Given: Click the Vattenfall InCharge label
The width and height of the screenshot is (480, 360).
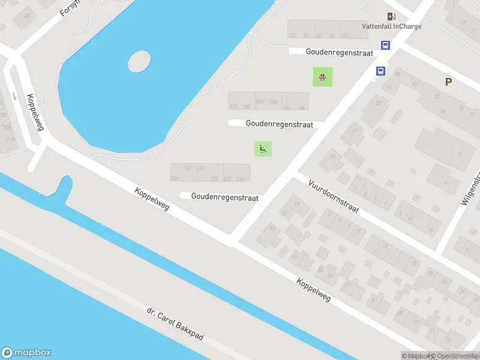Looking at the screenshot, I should click(391, 26).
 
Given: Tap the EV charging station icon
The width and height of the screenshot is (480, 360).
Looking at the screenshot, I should click(391, 16).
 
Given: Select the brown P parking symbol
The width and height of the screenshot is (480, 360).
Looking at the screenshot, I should click(448, 82).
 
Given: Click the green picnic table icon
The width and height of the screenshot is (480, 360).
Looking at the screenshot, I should click(323, 77).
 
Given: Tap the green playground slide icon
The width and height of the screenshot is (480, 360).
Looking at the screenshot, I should click(263, 148).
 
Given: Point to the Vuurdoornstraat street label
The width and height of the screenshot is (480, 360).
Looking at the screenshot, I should click(334, 196).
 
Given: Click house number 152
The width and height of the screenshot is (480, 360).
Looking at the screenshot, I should click(188, 168).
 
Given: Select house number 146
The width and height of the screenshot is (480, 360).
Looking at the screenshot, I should click(175, 178).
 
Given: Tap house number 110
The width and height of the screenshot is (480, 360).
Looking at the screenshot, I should click(233, 107).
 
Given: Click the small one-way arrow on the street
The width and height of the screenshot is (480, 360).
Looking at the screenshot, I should click(14, 95).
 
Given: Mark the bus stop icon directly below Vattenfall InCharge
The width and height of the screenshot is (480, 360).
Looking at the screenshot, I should click(385, 45).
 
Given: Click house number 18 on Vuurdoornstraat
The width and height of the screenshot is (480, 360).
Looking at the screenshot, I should click(415, 262).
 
